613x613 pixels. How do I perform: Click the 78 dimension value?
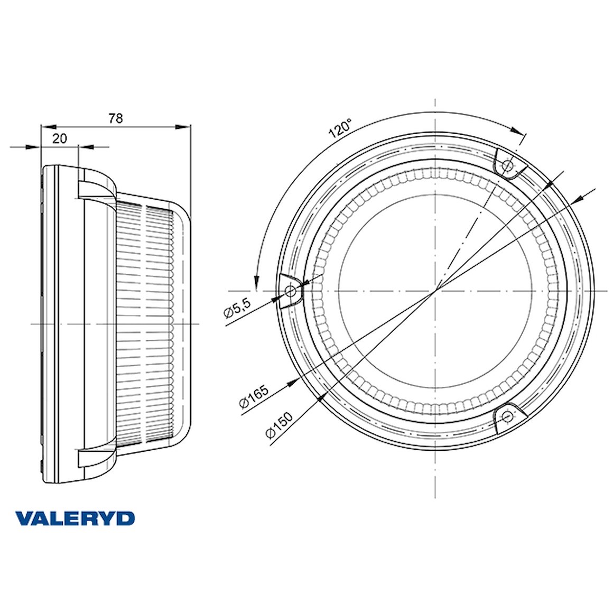(x=116, y=118)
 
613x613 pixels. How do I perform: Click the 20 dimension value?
(x=59, y=138)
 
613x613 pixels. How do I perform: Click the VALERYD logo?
(x=75, y=518)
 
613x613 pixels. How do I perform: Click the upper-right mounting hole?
(x=507, y=166)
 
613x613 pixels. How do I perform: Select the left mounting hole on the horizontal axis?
(x=291, y=291)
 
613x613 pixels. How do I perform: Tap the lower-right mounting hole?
(x=507, y=415)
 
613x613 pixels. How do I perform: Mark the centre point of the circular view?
(x=435, y=291)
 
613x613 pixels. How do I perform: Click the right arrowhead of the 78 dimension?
(x=182, y=127)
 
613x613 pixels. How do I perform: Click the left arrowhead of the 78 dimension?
(x=49, y=127)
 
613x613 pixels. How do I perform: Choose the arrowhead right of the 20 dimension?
(x=86, y=147)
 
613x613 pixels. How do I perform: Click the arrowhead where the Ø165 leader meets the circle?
(x=292, y=383)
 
